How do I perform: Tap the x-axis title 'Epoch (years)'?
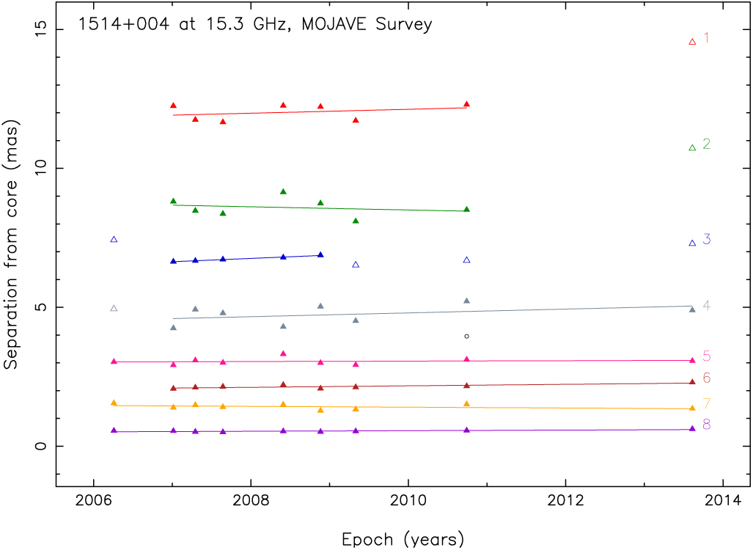(x=403, y=539)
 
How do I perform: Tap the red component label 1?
(x=707, y=38)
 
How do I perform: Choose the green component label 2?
(x=707, y=144)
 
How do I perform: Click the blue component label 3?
(x=707, y=239)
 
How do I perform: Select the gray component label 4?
(x=707, y=305)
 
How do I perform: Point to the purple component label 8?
(x=707, y=425)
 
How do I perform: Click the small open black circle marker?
(x=466, y=336)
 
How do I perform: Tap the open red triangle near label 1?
(x=692, y=42)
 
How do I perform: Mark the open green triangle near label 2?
(x=692, y=147)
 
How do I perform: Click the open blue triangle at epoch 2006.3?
(x=114, y=239)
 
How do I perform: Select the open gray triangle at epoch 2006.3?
(x=114, y=308)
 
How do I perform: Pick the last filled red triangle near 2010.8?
(x=466, y=104)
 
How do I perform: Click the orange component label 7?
(x=707, y=403)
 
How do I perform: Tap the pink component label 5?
(x=707, y=356)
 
